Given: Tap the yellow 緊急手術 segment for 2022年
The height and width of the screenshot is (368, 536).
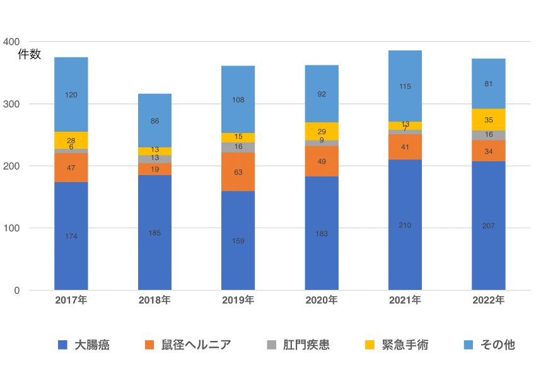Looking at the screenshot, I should coord(488,120).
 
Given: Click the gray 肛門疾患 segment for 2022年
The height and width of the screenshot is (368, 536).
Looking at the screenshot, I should coord(488,135).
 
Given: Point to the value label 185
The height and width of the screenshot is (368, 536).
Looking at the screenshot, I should coord(154,233).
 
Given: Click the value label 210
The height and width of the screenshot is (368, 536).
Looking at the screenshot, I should coord(405,225).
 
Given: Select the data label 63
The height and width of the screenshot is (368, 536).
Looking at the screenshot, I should coord(238,171).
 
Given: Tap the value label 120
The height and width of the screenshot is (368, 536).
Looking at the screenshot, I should coord(71,95).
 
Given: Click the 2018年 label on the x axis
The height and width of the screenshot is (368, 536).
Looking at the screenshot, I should coord(154,301).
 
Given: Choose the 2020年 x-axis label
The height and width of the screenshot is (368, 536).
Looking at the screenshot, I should coord(322,301).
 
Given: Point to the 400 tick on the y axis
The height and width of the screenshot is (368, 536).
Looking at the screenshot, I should coord(11,42).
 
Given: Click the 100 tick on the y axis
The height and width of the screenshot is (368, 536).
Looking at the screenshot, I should coord(11,228).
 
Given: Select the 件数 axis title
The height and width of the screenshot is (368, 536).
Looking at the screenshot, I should coord(29,55).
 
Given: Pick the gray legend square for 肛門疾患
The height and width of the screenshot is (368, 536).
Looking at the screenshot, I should coord(272,345).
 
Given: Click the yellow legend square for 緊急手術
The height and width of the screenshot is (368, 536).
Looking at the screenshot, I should coord(370,345).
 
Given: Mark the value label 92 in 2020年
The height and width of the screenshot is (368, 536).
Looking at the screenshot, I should coord(322,94).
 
